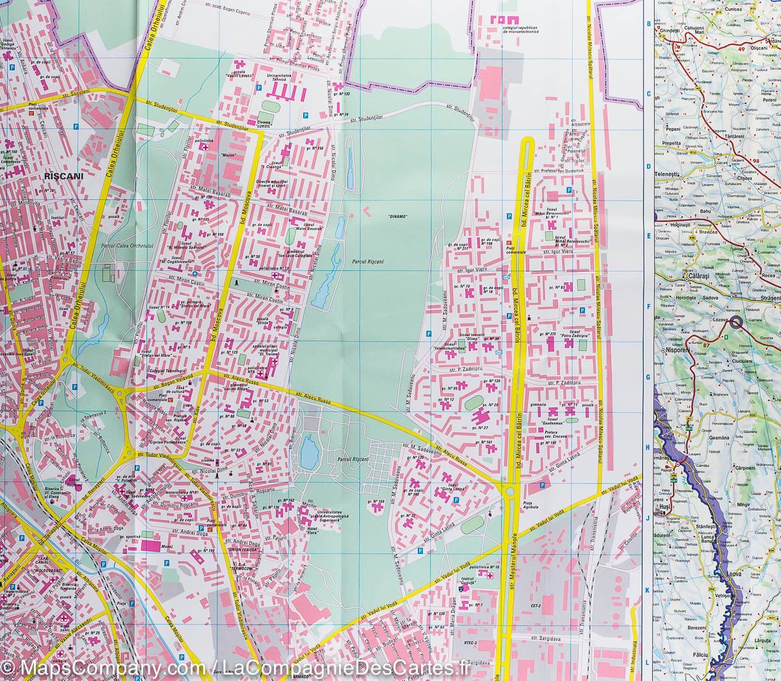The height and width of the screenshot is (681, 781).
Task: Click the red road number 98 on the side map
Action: tap(756, 161)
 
